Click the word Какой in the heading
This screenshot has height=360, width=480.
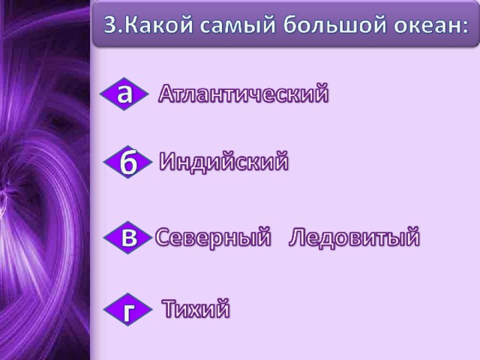(159, 24)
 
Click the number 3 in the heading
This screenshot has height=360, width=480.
(110, 25)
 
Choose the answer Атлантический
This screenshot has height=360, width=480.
(244, 93)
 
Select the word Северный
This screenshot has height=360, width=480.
(213, 237)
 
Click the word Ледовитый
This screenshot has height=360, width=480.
(354, 237)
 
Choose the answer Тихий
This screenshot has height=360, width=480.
(196, 308)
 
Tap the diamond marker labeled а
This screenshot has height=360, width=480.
(124, 94)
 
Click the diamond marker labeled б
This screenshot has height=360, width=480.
(128, 162)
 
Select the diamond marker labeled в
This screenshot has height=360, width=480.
(128, 238)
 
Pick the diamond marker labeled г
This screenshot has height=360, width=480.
(128, 310)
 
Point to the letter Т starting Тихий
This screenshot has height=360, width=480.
(169, 308)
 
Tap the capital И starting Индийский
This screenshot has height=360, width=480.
(168, 161)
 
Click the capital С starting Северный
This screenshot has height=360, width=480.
(163, 237)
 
